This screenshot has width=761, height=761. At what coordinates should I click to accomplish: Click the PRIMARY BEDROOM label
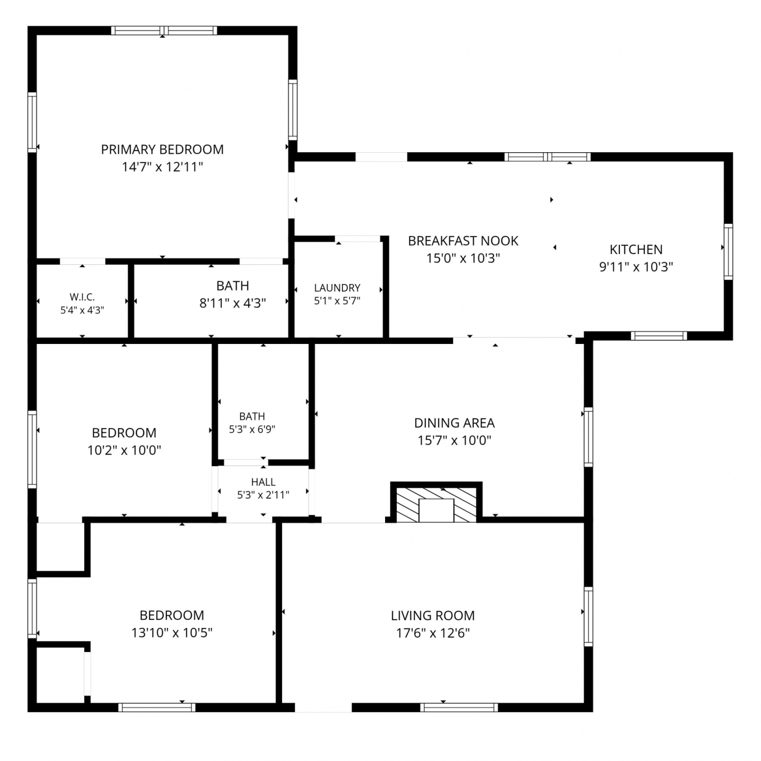point(162,149)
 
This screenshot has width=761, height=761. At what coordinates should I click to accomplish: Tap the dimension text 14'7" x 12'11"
point(162,166)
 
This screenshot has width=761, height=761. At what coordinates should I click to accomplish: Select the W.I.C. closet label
point(82,297)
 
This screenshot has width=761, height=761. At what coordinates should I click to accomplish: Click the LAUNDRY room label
point(337,288)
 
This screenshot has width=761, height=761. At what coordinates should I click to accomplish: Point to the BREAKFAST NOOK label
point(463,240)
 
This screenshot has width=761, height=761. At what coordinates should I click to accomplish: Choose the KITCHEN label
point(636,250)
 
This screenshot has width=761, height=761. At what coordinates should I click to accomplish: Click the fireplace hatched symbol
point(436,505)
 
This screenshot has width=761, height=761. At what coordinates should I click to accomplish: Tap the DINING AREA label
point(455,423)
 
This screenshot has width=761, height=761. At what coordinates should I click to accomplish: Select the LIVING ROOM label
point(433,615)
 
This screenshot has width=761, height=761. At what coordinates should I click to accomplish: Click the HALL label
point(263,482)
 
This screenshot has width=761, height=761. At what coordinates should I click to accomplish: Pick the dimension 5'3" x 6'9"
point(252,429)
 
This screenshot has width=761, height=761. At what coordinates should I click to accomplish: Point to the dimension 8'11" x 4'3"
point(233,303)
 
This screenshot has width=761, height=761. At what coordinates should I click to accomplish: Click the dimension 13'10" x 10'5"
point(172,633)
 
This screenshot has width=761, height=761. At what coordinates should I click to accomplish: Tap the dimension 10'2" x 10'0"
point(124,450)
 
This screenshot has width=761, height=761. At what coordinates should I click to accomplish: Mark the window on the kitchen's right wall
point(728,252)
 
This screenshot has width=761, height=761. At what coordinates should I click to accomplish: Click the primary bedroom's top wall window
point(164,30)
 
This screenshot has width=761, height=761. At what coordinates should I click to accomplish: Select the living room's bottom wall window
point(459,707)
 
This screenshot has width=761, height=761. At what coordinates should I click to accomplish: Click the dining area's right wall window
point(589,437)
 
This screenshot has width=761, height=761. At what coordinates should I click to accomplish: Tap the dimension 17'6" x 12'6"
point(433,633)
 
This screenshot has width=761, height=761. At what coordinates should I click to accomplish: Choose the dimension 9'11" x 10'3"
point(636,267)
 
